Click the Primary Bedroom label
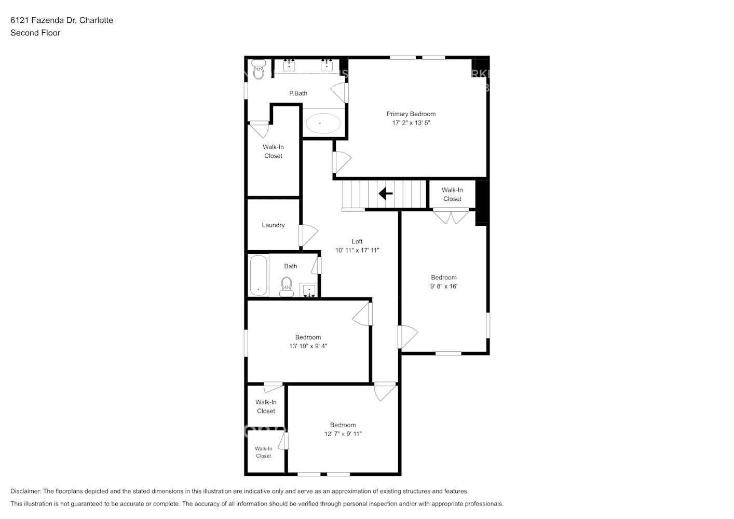[411, 114]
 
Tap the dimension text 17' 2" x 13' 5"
[411, 123]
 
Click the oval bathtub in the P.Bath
[323, 123]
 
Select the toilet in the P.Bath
[258, 70]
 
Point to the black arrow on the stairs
[385, 194]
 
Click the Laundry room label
[273, 225]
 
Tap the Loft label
[357, 241]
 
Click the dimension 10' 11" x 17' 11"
[357, 250]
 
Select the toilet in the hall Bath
[286, 286]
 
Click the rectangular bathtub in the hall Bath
[258, 275]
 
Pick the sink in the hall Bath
[309, 290]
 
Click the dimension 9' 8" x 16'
[443, 286]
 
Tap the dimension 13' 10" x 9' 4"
[308, 346]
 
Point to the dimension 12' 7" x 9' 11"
[343, 434]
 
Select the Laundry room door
[308, 235]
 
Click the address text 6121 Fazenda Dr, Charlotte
[62, 20]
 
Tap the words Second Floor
[35, 33]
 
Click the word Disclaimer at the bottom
[25, 491]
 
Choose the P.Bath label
[298, 93]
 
